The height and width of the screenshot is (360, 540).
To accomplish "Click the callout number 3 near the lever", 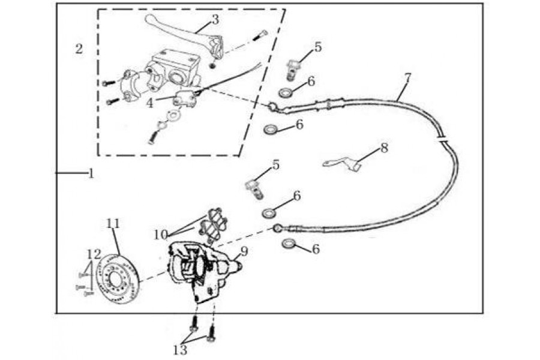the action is (215, 20).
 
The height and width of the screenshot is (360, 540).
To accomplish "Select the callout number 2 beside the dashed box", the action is (79, 49).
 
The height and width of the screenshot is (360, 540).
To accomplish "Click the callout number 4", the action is (149, 103).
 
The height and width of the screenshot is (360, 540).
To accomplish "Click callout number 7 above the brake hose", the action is (408, 78).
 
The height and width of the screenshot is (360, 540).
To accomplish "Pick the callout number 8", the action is (385, 148).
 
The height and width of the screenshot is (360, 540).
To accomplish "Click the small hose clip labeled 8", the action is (343, 164).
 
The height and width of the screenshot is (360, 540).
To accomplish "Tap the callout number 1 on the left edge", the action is (91, 173).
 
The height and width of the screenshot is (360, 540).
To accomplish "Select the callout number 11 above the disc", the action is (113, 223).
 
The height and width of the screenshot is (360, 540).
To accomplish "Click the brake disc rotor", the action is (116, 278).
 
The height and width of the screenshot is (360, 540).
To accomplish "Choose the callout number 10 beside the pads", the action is (160, 235).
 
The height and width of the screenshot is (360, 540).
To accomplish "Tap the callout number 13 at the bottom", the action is (180, 350).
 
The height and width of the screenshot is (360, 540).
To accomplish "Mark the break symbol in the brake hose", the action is (443, 140).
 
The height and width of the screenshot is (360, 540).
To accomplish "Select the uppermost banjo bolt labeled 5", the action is (292, 71).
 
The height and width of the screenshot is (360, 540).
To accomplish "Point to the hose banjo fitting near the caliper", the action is (277, 228).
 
